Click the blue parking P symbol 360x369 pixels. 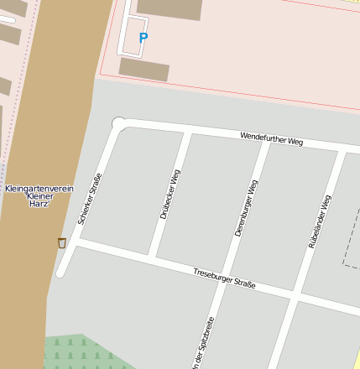pyautogui.click(x=143, y=38)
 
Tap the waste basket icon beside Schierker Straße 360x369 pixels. pyautogui.click(x=61, y=242)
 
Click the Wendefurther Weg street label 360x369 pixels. pyautogui.click(x=271, y=138)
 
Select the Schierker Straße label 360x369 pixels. pyautogui.click(x=89, y=198)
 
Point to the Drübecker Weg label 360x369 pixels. pyautogui.click(x=170, y=195)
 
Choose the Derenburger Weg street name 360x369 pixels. pyautogui.click(x=246, y=207)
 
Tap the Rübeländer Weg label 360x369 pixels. pyautogui.click(x=320, y=221)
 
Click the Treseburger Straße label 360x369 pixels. pyautogui.click(x=224, y=279)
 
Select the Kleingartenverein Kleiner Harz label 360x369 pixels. pyautogui.click(x=39, y=196)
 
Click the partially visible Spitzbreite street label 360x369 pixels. pyautogui.click(x=204, y=344)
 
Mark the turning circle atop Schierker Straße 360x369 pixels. pyautogui.click(x=119, y=124)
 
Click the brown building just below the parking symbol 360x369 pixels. pyautogui.click(x=143, y=70)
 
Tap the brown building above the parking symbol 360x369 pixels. pyautogui.click(x=169, y=8)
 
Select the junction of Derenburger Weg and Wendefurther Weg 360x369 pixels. pyautogui.click(x=269, y=142)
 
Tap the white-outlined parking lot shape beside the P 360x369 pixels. pyautogui.click(x=133, y=34)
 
